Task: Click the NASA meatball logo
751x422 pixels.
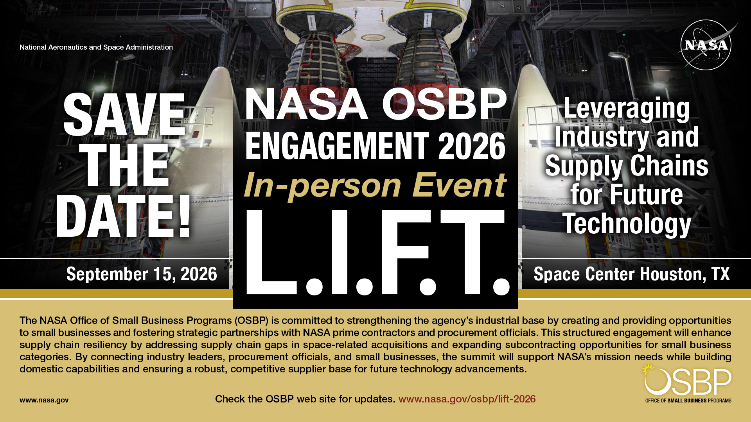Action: [x=706, y=45]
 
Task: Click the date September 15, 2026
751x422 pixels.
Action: [x=142, y=274]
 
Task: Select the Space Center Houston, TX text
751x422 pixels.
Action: [x=631, y=274]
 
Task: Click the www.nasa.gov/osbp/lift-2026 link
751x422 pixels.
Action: [x=467, y=399]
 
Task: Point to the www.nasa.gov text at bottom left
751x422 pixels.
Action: [x=44, y=400]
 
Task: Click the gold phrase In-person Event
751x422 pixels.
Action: [x=375, y=185]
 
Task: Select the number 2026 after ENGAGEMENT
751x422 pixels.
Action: [x=471, y=146]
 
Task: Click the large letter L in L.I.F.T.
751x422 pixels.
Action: [x=270, y=252]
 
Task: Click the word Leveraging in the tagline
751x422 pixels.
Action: [x=626, y=108]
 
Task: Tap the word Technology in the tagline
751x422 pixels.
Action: [x=627, y=224]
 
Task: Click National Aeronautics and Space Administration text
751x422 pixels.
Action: [x=96, y=47]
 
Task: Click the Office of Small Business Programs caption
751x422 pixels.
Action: [x=688, y=401]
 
